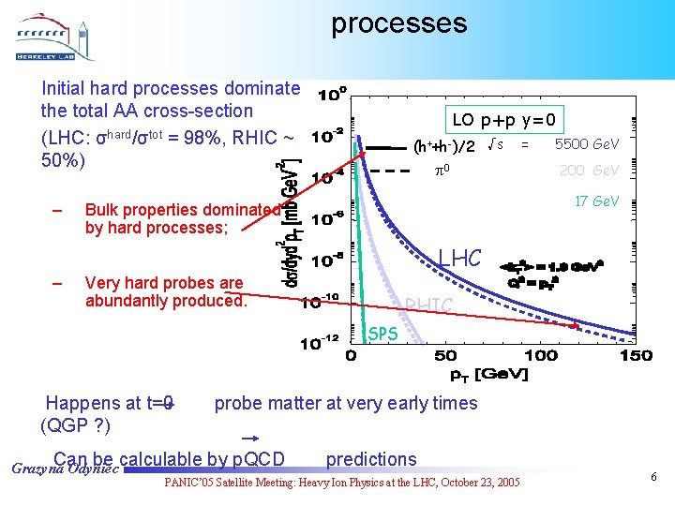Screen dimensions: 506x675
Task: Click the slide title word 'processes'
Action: click(398, 22)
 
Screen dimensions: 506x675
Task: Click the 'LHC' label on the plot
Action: click(462, 257)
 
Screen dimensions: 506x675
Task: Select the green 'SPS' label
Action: click(382, 334)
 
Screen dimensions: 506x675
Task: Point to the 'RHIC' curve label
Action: click(428, 305)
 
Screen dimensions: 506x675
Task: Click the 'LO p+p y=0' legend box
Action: click(507, 120)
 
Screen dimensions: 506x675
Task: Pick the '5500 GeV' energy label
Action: click(587, 144)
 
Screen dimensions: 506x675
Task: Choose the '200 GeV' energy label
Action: click(589, 171)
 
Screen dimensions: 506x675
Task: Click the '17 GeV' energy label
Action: click(596, 201)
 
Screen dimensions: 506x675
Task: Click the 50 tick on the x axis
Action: click(445, 356)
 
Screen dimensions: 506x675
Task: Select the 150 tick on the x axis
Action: click(636, 356)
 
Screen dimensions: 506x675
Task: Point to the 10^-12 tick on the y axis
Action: click(319, 344)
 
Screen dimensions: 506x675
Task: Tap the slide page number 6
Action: click(653, 477)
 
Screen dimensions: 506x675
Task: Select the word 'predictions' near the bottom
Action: click(371, 459)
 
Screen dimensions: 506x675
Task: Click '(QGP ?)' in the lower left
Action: click(75, 425)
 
